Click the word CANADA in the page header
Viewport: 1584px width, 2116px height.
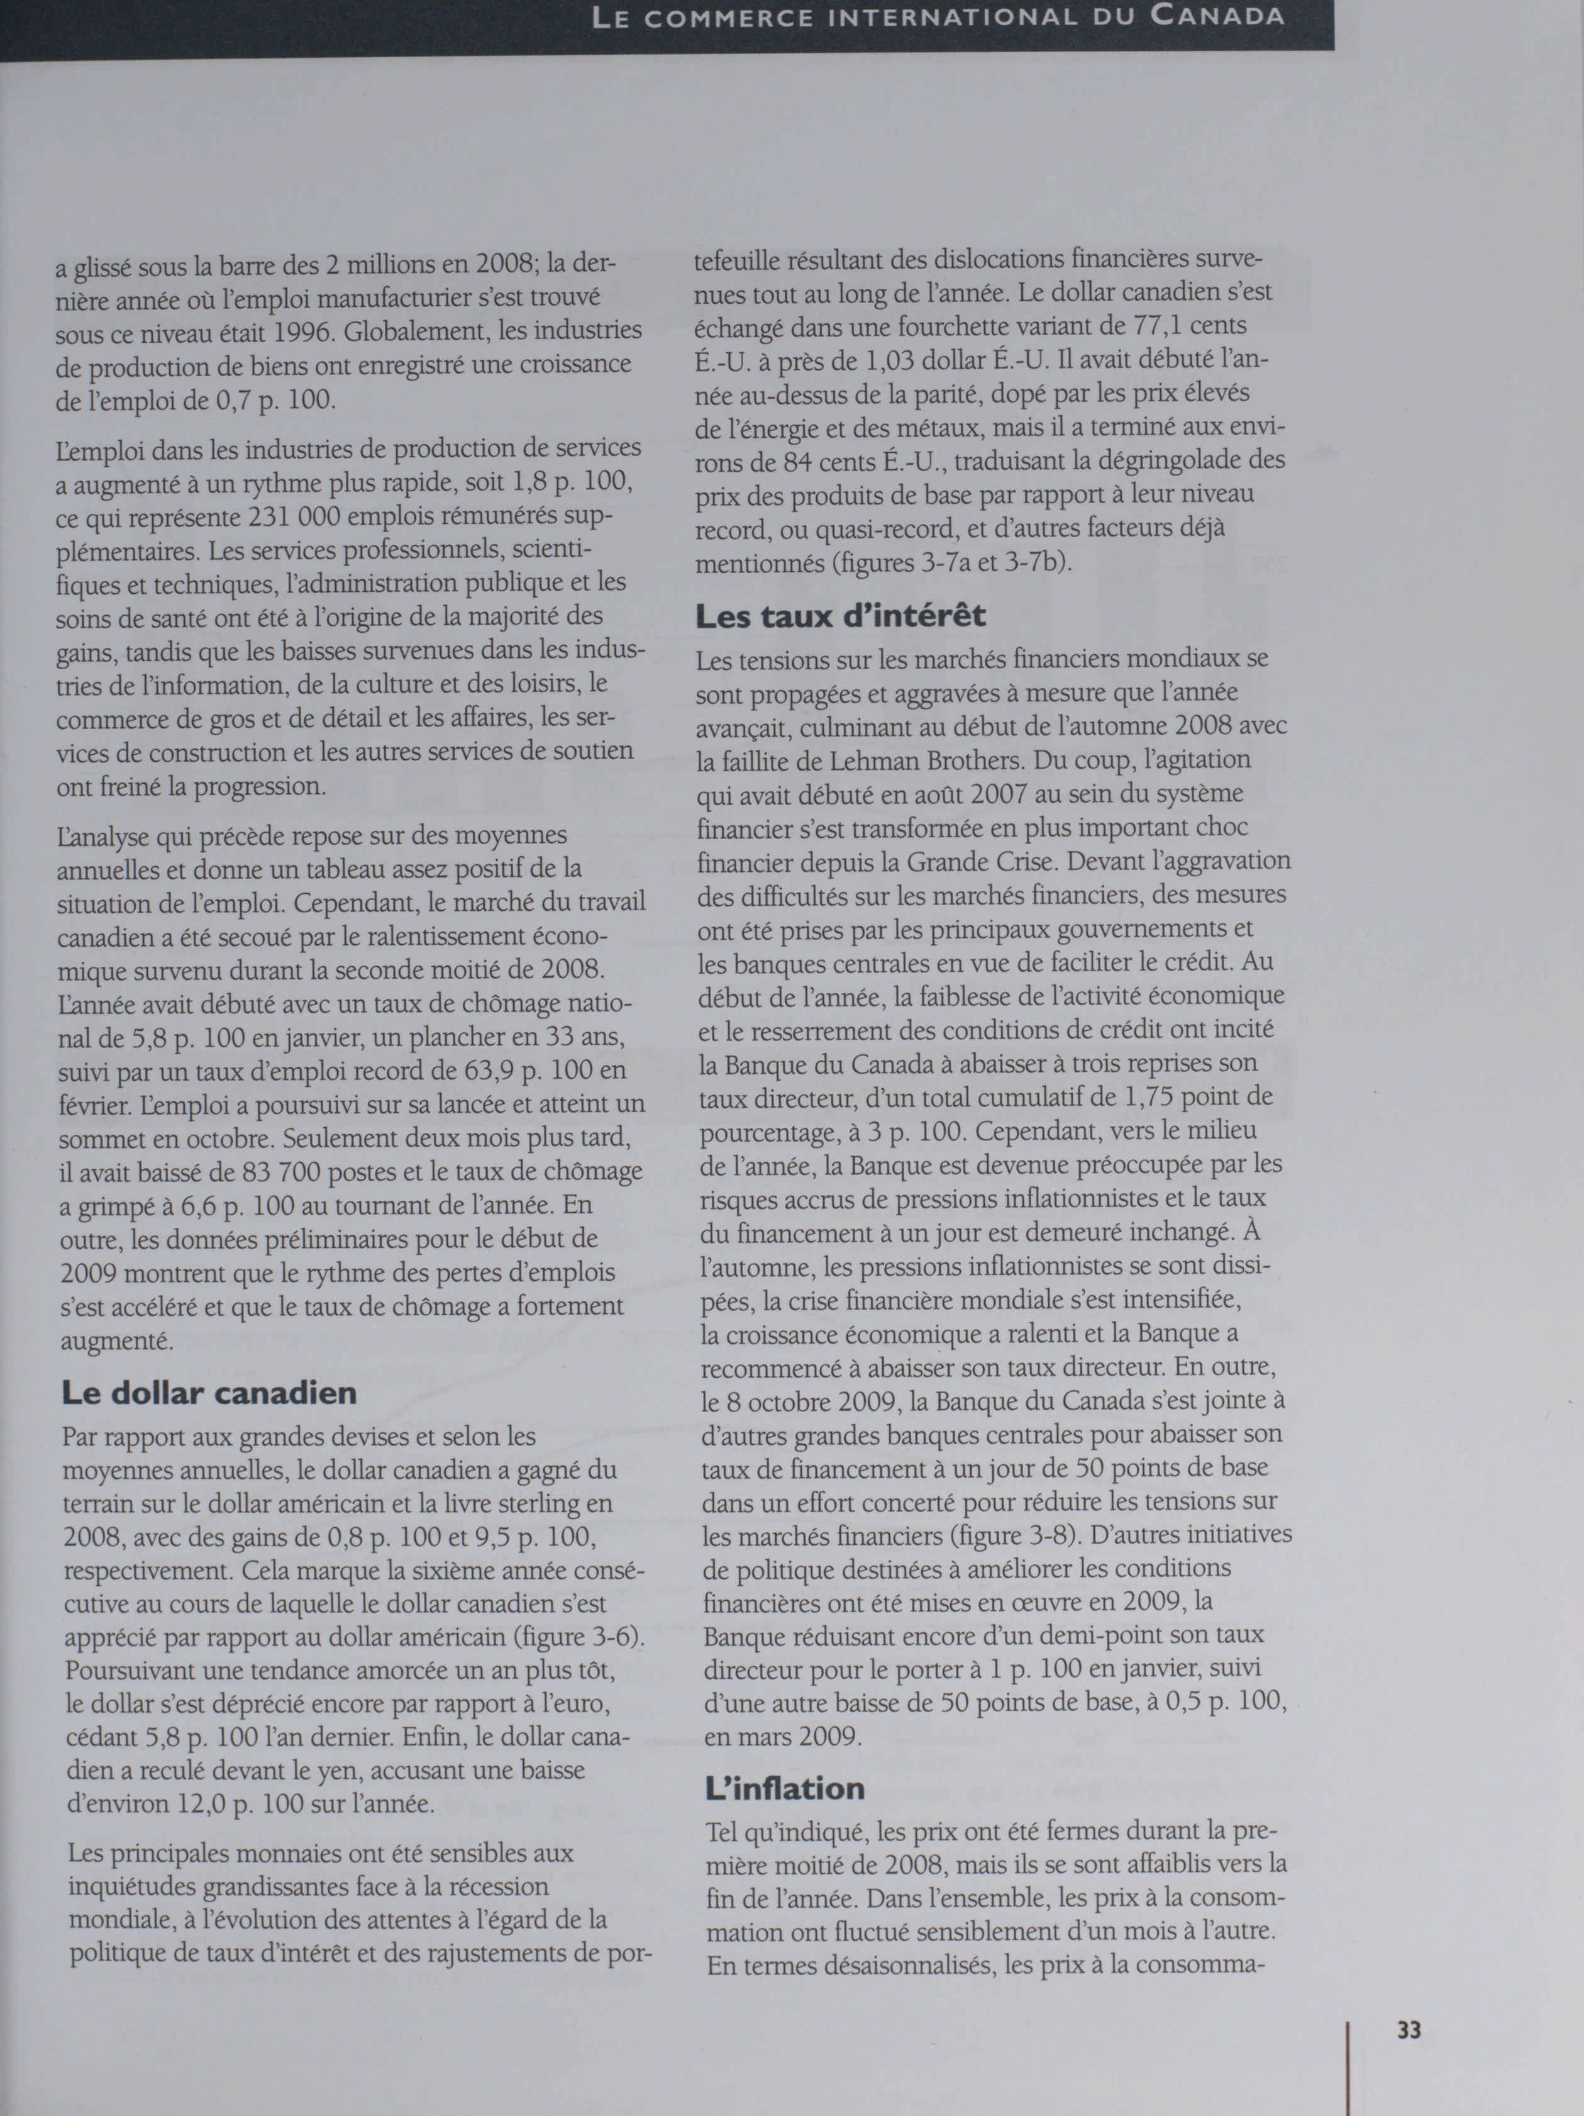(1217, 16)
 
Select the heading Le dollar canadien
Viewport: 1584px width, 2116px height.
(209, 1392)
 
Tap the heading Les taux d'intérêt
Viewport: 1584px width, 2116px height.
(840, 615)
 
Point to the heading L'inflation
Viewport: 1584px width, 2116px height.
(784, 1789)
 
